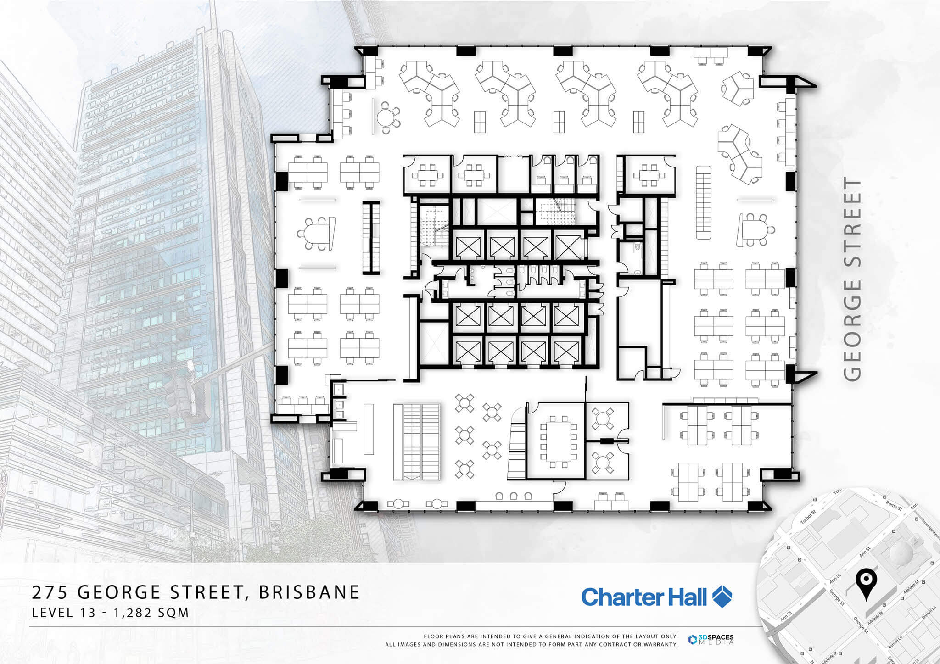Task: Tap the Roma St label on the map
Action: (894, 505)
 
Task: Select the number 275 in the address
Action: (50, 592)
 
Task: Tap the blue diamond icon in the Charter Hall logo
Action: (722, 597)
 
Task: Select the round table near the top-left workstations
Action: (385, 117)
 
